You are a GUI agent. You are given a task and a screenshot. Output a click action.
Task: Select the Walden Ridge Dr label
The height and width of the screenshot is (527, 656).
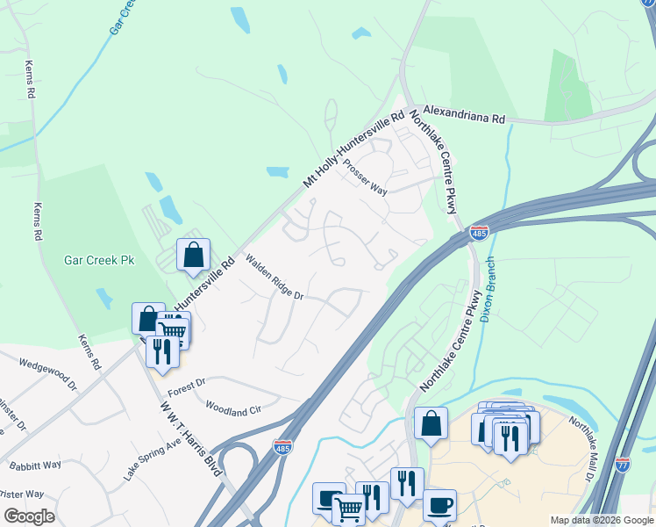pos(274,278)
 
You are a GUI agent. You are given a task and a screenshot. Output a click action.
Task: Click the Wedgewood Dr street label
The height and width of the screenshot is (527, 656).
pos(48,373)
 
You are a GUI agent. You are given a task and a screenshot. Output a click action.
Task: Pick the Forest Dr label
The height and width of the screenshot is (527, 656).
pos(187,383)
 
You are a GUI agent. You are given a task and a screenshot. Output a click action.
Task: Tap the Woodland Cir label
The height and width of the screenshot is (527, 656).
pos(232,408)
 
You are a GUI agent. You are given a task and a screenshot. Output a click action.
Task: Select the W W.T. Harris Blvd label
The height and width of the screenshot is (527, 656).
pos(189,436)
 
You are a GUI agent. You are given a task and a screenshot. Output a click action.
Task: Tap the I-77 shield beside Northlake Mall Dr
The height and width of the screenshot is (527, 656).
pos(623,463)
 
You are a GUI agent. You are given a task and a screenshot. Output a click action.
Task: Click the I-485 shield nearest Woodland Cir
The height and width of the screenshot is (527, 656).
pos(282,446)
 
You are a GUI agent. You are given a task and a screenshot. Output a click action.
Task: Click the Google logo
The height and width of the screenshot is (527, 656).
pos(29,516)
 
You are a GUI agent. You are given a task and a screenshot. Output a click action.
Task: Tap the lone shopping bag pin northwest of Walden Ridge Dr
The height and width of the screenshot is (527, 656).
pos(193,256)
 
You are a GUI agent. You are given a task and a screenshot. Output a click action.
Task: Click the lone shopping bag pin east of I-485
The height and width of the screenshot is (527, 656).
pos(431,423)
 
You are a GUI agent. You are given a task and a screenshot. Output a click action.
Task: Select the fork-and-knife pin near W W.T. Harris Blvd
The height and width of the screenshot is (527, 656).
pos(161,351)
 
